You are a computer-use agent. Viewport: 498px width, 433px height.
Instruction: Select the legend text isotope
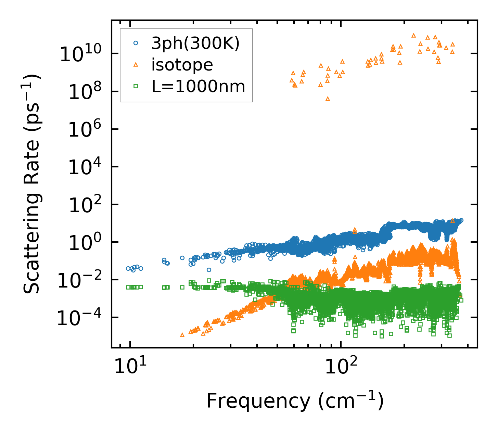pos(182,65)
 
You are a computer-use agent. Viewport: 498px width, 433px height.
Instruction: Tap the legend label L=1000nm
pos(199,87)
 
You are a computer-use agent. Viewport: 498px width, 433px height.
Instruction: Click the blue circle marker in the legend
pos(136,43)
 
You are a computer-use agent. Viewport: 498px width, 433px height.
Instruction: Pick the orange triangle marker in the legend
pos(136,64)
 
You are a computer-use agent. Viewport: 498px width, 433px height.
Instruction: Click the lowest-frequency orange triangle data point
pos(182,335)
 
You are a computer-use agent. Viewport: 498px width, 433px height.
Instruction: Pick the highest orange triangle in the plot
pos(413,35)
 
